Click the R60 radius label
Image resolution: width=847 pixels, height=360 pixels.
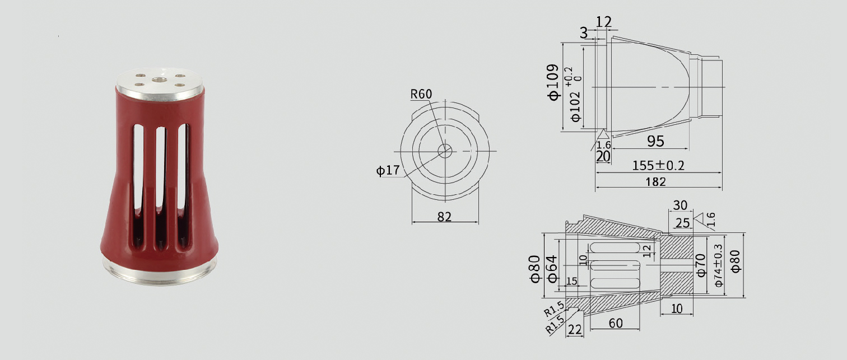421,94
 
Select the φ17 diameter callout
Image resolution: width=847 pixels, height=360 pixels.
388,170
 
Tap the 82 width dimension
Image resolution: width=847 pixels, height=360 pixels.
444,217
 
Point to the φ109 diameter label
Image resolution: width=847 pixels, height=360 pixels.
553,82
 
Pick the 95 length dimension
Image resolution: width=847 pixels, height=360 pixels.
655,141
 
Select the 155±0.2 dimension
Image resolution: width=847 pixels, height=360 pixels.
658,166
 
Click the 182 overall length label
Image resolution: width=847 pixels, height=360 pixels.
655,182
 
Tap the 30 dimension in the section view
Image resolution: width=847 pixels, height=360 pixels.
680,205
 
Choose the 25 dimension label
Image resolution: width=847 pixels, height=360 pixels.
682,223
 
